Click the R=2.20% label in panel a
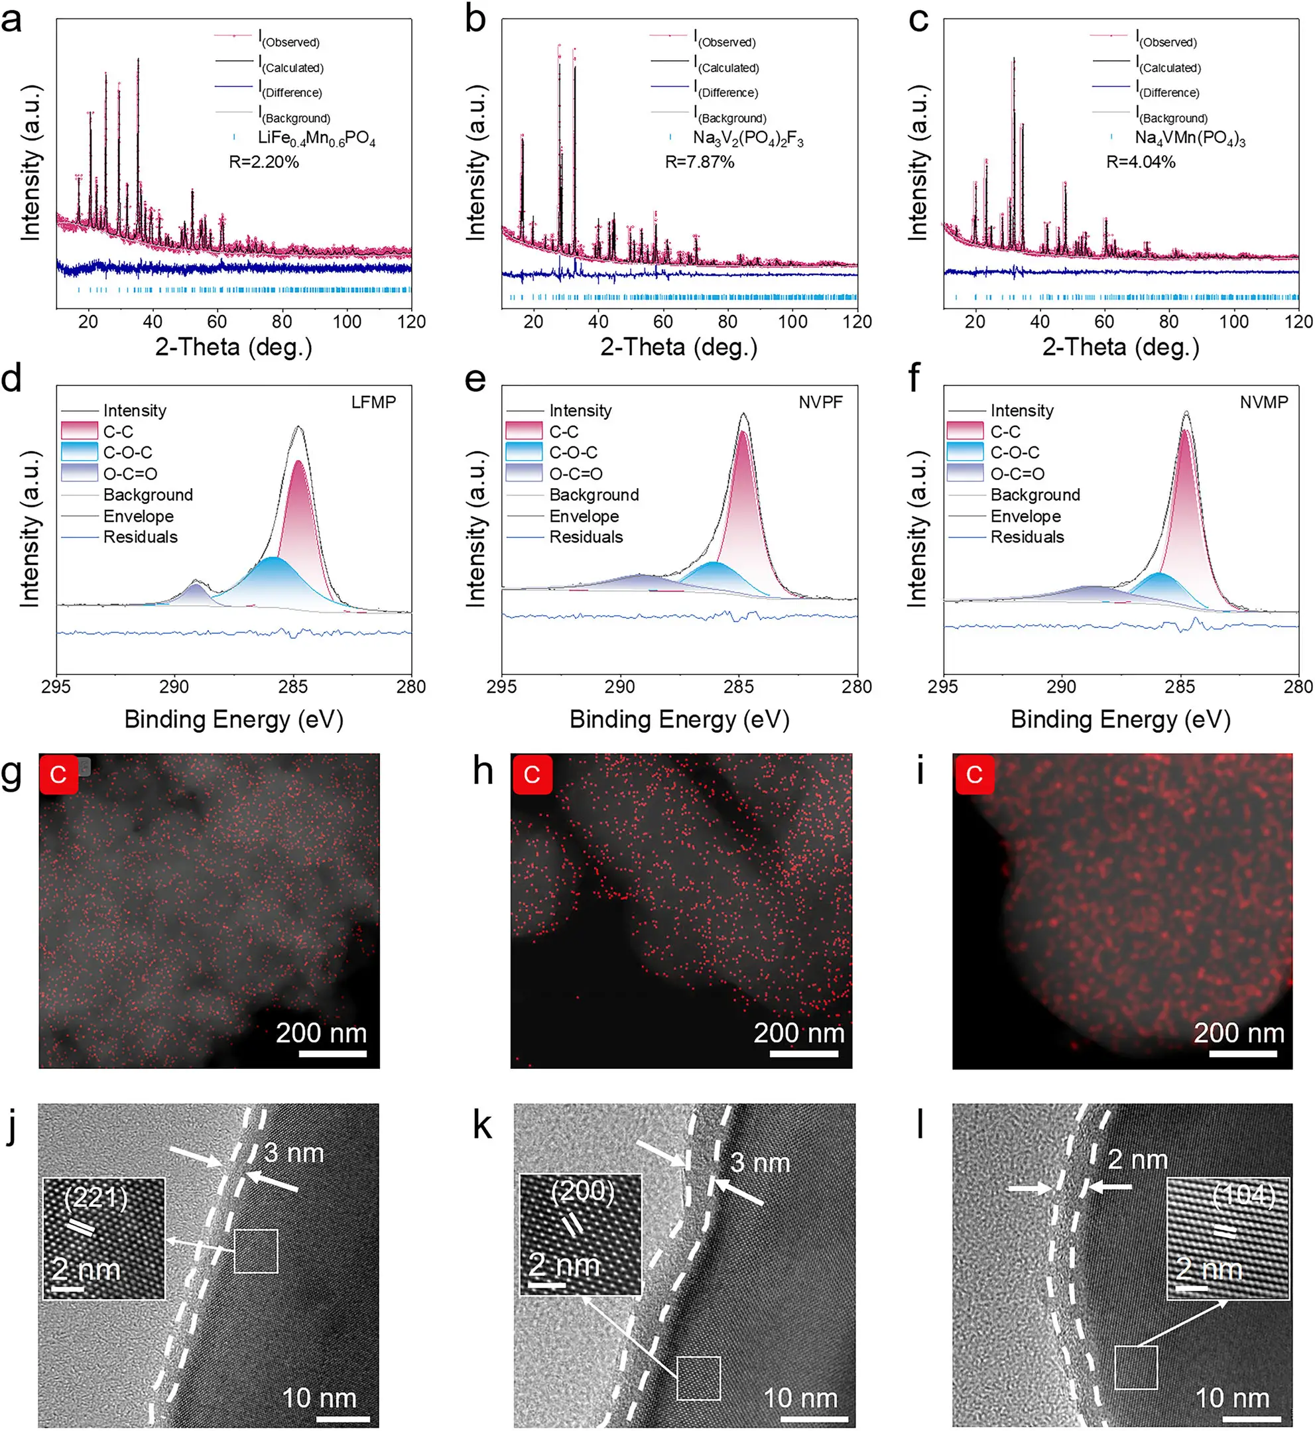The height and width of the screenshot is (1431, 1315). coord(263,162)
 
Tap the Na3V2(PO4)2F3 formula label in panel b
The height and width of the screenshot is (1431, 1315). coord(748,137)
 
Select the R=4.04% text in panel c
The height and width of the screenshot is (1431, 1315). coord(1140,162)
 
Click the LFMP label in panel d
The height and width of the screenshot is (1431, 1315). coord(373,402)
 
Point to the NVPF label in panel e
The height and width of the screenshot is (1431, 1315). coord(820,402)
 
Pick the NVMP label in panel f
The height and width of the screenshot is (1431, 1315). coord(1263,402)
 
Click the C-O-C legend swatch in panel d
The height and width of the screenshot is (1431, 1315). coord(79,452)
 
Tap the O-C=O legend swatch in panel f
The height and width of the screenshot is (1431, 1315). coord(965,473)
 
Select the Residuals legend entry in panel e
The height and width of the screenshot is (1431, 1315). coord(586,537)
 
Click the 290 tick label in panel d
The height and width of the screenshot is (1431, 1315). coord(174,687)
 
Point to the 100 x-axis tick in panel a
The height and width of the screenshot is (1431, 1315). coord(347,322)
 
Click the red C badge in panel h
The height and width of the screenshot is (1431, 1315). coord(532,775)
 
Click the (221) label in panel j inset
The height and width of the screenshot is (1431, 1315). coord(95,1198)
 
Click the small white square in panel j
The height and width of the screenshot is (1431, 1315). coord(255,1251)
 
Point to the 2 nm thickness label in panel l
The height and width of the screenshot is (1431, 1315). coord(1137,1160)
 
